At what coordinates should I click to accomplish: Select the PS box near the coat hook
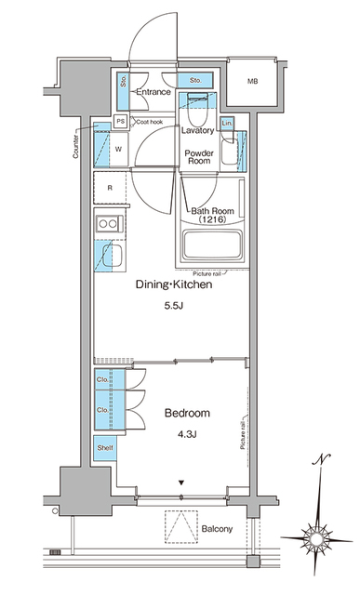[120, 121]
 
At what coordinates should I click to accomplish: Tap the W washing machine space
[119, 148]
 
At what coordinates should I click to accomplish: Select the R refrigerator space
[111, 189]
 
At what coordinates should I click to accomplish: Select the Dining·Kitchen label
[175, 285]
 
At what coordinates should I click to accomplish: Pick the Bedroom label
[187, 412]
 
